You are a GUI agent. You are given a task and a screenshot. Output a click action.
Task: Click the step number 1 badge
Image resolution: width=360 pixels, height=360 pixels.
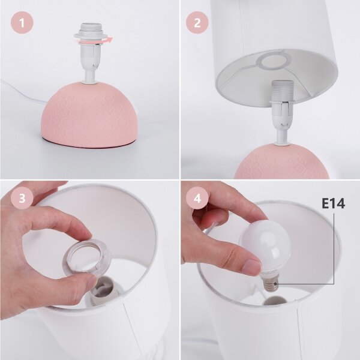(22, 23)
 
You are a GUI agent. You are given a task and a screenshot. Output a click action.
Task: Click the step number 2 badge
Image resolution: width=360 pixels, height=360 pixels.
(197, 23)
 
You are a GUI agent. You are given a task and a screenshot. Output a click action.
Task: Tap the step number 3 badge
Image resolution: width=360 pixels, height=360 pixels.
(22, 197)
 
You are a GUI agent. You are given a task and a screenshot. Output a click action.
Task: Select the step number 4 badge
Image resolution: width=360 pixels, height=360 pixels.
(197, 197)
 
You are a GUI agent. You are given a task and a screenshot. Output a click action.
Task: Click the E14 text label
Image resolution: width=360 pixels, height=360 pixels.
(334, 203)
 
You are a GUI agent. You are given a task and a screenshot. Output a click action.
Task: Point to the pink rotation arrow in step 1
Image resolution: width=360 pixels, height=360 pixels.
(96, 41)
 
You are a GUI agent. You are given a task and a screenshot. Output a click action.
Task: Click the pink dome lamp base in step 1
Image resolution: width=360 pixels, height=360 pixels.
(90, 115)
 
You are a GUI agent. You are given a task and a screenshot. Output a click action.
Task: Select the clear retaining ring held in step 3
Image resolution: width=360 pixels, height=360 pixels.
(86, 256)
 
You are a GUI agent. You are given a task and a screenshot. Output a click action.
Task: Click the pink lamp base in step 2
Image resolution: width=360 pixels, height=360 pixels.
(282, 161)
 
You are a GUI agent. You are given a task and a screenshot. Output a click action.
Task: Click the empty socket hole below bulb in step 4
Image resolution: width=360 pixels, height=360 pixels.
(275, 301)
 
